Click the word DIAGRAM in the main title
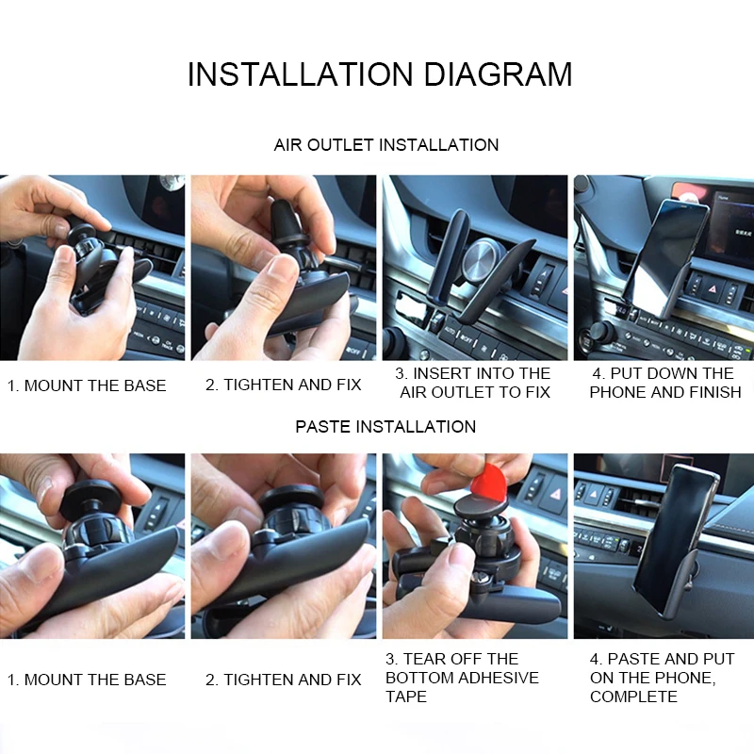pos(498,74)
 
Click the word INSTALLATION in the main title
pos(300,74)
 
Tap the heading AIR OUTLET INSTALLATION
pos(386,145)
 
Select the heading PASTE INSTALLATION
pos(385,427)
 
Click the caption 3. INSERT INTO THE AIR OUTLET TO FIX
pos(473,383)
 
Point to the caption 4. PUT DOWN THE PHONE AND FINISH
pos(665,383)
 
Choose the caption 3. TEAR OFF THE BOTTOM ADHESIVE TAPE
pos(462,678)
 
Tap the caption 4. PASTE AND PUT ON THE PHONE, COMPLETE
pos(663,678)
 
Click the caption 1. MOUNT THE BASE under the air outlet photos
pos(87,385)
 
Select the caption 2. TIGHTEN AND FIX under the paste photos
pos(284,680)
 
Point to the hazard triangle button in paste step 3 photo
pos(556,494)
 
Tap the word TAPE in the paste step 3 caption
pos(406,697)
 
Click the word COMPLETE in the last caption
pos(633,697)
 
